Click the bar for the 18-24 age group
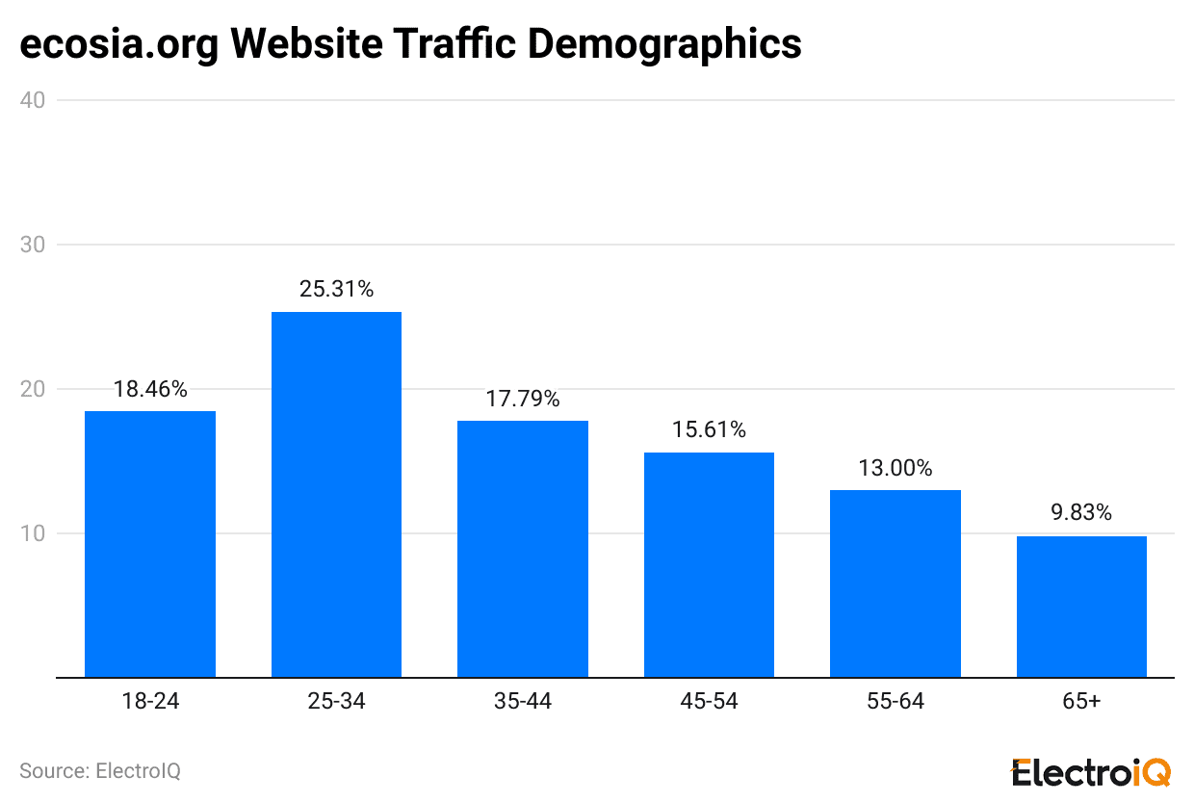point(150,544)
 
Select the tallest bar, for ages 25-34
point(336,495)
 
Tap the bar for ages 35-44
point(522,549)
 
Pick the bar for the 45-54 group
point(709,565)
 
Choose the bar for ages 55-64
point(895,583)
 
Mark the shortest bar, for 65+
point(1081,607)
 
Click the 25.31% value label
point(336,289)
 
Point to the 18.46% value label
point(150,389)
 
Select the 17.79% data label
point(522,399)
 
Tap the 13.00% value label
point(895,468)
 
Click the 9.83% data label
point(1081,513)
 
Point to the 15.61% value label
point(709,429)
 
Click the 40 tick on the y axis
point(33,100)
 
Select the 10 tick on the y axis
point(33,533)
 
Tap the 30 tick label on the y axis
point(33,245)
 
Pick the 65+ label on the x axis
point(1081,702)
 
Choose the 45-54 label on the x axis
point(709,702)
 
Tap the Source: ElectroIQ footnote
point(100,771)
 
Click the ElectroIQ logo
point(1090,771)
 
